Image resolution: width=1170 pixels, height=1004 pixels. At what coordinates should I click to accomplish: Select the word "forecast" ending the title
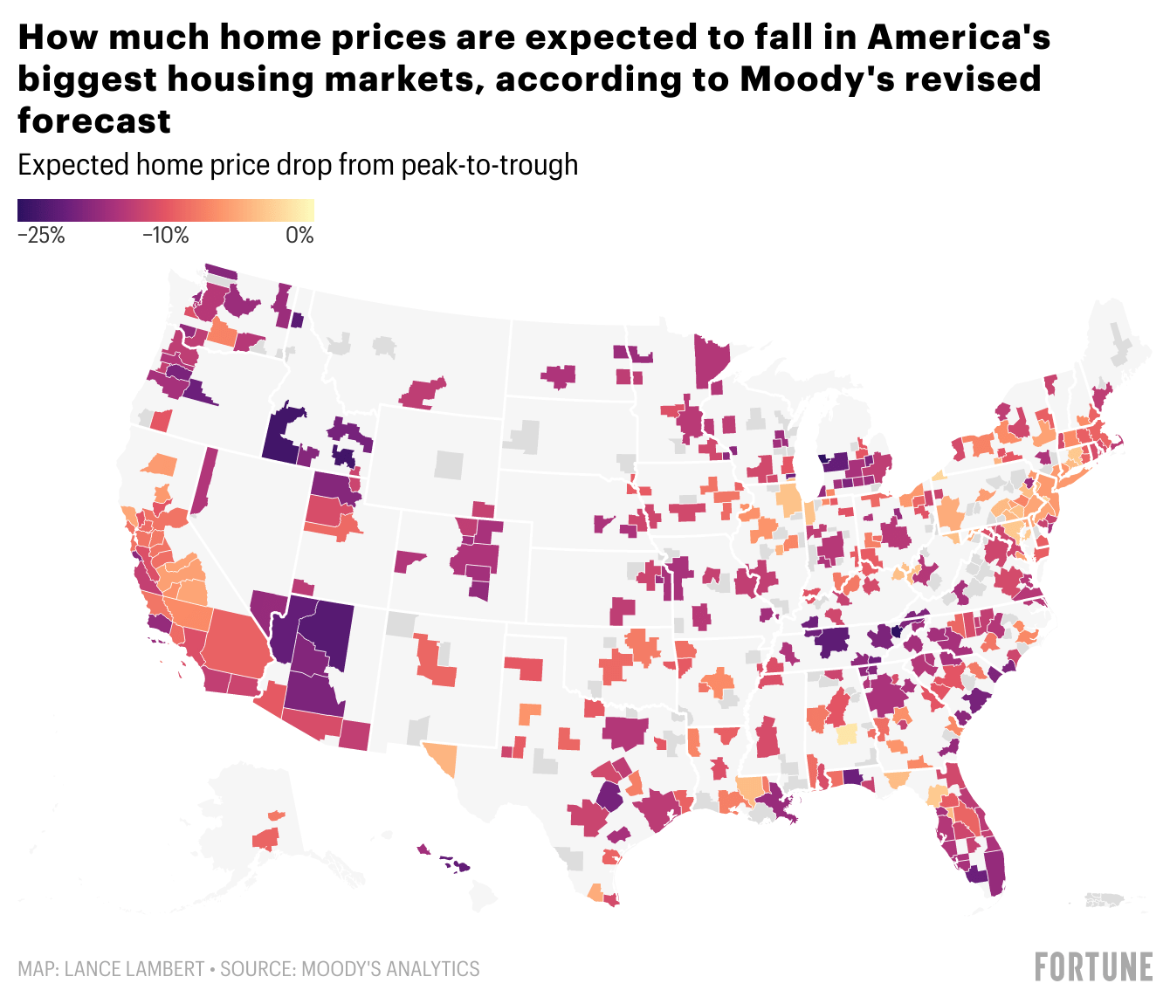click(x=94, y=120)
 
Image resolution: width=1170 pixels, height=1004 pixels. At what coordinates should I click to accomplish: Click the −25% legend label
click(x=41, y=235)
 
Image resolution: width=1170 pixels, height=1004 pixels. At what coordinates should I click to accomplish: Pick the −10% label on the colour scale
click(x=165, y=235)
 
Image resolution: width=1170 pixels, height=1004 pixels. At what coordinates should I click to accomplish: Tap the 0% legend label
click(x=299, y=235)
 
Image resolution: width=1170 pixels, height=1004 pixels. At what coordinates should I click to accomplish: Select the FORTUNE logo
click(x=1093, y=967)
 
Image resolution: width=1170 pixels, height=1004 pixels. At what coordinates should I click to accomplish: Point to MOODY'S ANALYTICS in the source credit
click(x=390, y=969)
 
